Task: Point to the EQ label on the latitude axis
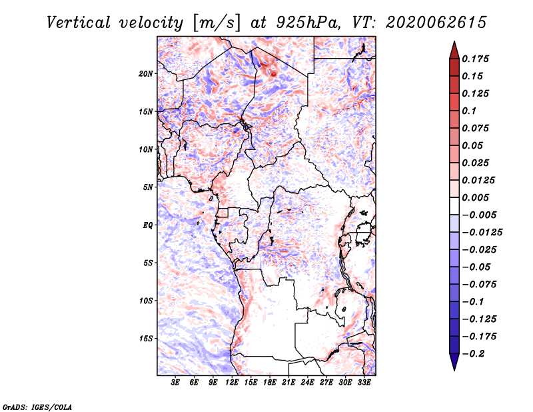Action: tap(148, 225)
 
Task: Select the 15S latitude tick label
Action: tap(147, 339)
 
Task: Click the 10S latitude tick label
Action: tap(147, 301)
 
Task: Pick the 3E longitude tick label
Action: tap(175, 382)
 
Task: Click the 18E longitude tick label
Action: tap(270, 382)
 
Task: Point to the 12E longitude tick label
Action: tap(232, 382)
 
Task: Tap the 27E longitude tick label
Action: tap(326, 382)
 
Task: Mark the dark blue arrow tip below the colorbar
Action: tap(454, 365)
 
